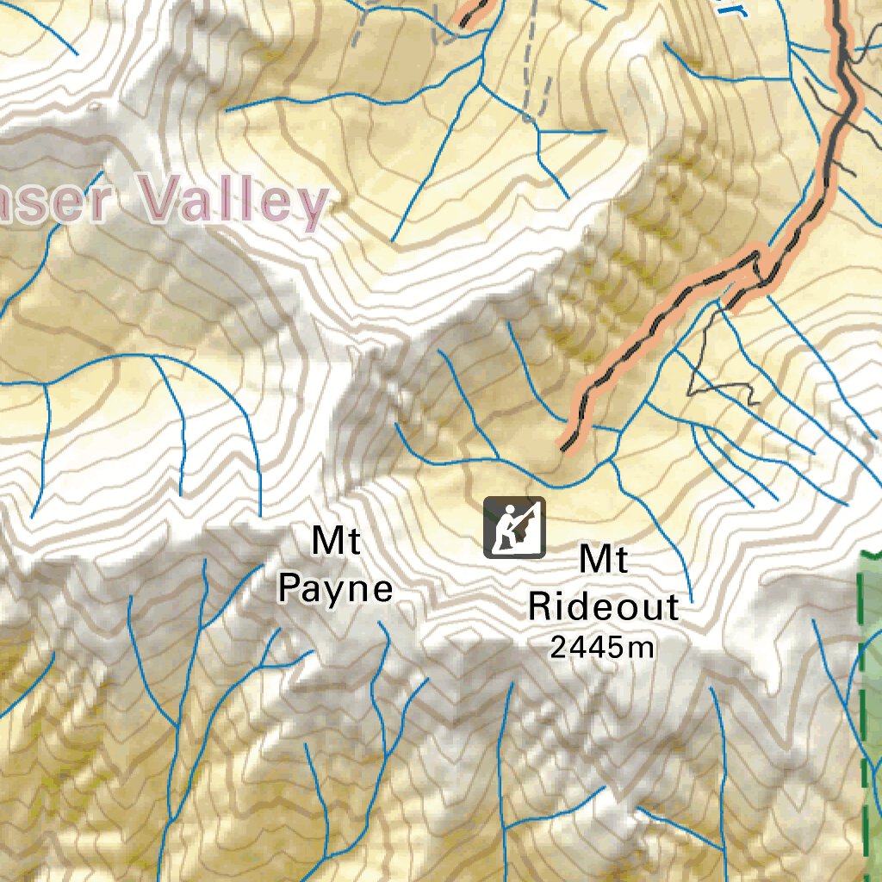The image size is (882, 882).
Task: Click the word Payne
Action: [x=336, y=589]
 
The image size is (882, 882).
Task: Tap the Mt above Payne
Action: [x=336, y=542]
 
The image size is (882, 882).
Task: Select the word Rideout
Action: [x=603, y=606]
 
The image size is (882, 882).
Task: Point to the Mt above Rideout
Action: [x=603, y=559]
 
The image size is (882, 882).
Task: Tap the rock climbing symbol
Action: [x=514, y=527]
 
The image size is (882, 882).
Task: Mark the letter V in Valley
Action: [x=160, y=198]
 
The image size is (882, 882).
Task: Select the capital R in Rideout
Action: [x=540, y=606]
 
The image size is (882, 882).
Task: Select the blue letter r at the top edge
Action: [x=735, y=9]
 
